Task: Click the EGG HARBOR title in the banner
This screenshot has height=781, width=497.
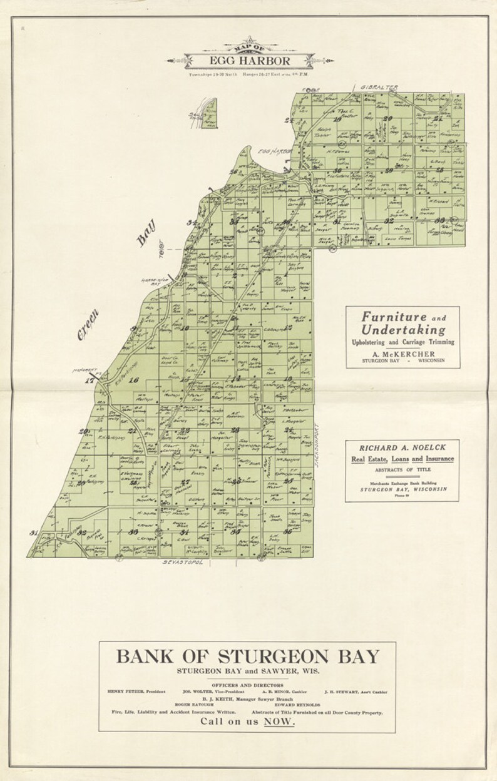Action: click(x=250, y=61)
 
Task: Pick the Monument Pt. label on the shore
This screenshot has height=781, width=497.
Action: click(x=85, y=370)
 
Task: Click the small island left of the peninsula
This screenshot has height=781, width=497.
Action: click(x=209, y=113)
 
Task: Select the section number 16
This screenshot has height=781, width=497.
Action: click(x=133, y=380)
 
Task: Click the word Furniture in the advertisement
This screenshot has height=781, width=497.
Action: click(x=394, y=317)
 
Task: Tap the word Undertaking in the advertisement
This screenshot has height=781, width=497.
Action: click(x=403, y=330)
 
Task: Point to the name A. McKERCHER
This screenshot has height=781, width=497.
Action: click(x=403, y=354)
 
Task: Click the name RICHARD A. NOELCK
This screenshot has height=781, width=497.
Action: click(x=402, y=448)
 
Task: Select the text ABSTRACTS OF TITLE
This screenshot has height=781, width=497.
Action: click(x=402, y=469)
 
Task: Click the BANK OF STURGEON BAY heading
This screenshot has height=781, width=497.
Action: click(x=247, y=656)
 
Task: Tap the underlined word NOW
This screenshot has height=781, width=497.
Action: click(x=279, y=722)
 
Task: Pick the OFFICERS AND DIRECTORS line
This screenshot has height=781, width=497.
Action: click(x=247, y=684)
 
